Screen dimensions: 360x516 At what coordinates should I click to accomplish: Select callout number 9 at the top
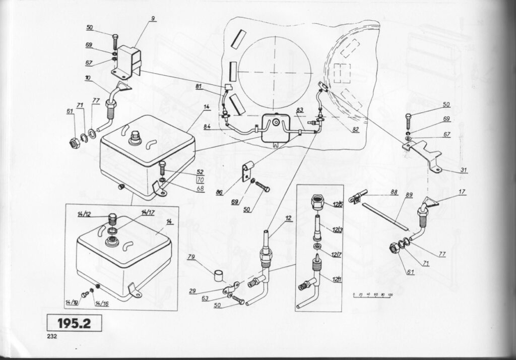point(153,19)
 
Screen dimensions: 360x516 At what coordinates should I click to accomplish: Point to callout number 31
point(463,169)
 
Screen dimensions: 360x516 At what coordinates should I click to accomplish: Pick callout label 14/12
point(84,216)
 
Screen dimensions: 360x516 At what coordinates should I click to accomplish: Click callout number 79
point(191,257)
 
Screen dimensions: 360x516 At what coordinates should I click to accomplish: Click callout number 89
point(409,194)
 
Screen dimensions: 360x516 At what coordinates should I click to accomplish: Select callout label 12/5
point(337,204)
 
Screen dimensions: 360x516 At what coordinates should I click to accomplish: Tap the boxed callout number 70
point(200,179)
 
